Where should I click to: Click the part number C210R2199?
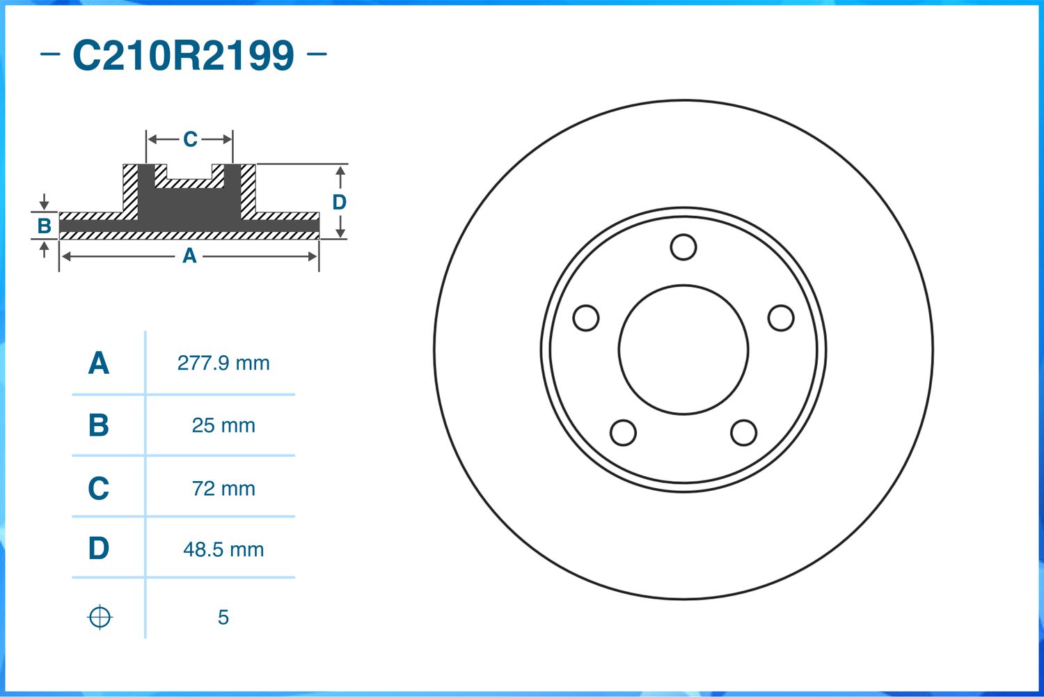coord(183,56)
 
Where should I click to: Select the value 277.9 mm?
coord(223,363)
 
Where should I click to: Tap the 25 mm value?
coord(223,425)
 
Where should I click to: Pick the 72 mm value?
coord(223,488)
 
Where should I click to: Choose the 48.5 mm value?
coord(223,549)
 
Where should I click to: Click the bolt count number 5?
coord(223,617)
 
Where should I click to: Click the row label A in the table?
coord(99,363)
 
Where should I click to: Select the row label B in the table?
coord(99,425)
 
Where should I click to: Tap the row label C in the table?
coord(99,488)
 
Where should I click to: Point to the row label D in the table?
coord(99,549)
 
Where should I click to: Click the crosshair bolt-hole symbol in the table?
coord(100,617)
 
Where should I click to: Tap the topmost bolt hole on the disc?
coord(683,247)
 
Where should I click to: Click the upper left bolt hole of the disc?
coord(586,318)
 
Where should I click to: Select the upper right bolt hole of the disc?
coord(781,318)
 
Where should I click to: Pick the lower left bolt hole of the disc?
coord(623,432)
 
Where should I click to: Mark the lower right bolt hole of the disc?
coord(743,432)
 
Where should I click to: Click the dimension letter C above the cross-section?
coord(190,139)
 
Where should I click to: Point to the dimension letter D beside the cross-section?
coord(339,202)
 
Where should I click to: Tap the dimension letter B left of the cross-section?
coord(44,226)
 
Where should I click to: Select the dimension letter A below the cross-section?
coord(189,256)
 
